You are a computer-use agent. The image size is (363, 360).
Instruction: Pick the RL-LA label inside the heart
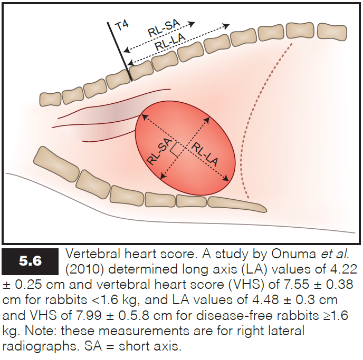point(203,155)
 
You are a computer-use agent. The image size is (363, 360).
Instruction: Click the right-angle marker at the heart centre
point(174,151)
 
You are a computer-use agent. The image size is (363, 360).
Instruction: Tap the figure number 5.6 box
point(31,260)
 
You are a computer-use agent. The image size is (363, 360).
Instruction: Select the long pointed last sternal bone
point(237,202)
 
